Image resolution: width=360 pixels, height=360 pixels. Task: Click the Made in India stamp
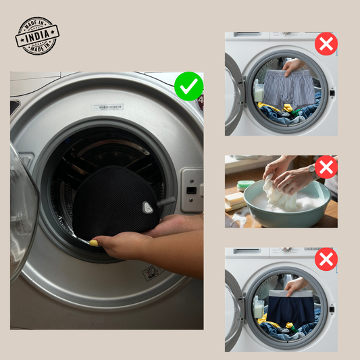pos(37,36)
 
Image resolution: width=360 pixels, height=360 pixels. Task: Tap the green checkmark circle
pos(188,86)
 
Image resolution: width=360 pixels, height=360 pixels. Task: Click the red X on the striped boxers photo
pos(326,44)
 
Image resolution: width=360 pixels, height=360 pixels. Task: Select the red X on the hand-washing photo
pos(326,167)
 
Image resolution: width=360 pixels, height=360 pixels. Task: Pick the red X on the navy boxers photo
pos(326,259)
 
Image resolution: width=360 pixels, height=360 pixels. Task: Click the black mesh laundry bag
pos(115,202)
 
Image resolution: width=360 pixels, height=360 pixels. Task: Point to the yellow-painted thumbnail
pos(94,243)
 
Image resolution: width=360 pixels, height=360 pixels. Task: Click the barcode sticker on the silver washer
pos(107,107)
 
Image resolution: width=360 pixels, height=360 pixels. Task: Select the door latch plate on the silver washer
pos(191,190)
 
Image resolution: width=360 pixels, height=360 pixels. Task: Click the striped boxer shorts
pos(289,88)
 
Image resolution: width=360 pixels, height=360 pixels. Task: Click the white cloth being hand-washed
pos(279,195)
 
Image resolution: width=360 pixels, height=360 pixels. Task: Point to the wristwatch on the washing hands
pos(312,170)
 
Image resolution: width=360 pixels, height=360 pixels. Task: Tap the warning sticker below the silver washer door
pos(153,273)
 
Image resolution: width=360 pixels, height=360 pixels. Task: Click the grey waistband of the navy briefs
pos(291,293)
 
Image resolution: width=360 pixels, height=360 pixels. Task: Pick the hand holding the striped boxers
pos(292,66)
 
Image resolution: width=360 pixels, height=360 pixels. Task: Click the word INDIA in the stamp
pos(37,36)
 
